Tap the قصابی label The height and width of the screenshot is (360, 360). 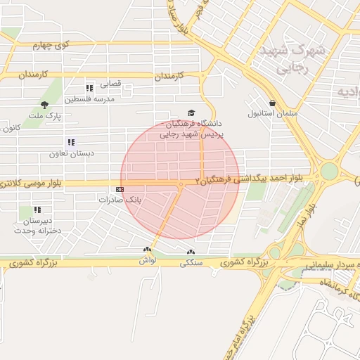click(x=110, y=84)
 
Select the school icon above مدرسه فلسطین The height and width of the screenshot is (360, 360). click(x=89, y=89)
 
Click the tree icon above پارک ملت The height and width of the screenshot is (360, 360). click(x=44, y=104)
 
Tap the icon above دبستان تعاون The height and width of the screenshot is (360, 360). click(x=70, y=143)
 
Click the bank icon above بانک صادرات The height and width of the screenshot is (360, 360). click(x=120, y=189)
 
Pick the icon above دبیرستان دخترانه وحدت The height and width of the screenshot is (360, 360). click(x=38, y=210)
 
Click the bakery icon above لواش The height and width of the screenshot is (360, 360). click(x=147, y=250)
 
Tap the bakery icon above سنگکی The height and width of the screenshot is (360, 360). click(x=190, y=252)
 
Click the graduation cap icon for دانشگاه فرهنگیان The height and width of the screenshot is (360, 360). click(x=191, y=112)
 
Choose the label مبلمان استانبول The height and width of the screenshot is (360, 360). click(x=273, y=113)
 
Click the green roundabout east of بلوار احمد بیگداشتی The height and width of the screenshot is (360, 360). click(x=329, y=171)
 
